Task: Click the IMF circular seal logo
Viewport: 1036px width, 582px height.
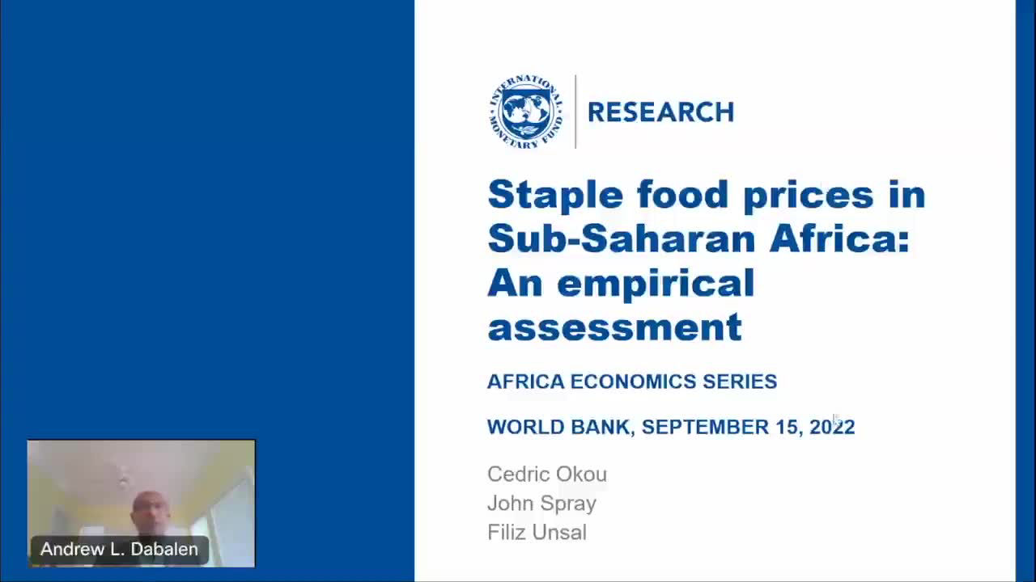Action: pos(526,112)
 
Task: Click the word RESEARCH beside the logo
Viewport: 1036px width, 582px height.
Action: pos(661,112)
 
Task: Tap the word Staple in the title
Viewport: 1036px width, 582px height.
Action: pos(555,196)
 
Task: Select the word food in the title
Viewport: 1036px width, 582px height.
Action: pos(682,194)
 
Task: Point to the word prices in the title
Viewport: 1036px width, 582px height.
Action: pos(809,196)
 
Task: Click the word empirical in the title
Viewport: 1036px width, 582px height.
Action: pos(656,285)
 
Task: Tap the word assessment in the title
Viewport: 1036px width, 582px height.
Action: pos(615,327)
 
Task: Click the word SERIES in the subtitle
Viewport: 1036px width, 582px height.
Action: pos(740,382)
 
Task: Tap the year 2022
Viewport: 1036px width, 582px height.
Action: pos(832,427)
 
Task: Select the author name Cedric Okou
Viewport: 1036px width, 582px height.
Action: pos(547,474)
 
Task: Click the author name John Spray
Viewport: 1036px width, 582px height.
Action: pos(542,504)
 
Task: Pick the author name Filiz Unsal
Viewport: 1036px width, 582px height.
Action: pos(537,532)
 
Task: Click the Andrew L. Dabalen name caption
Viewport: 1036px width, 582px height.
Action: pos(119,549)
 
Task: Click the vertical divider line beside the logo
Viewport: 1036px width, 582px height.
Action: pos(575,112)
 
